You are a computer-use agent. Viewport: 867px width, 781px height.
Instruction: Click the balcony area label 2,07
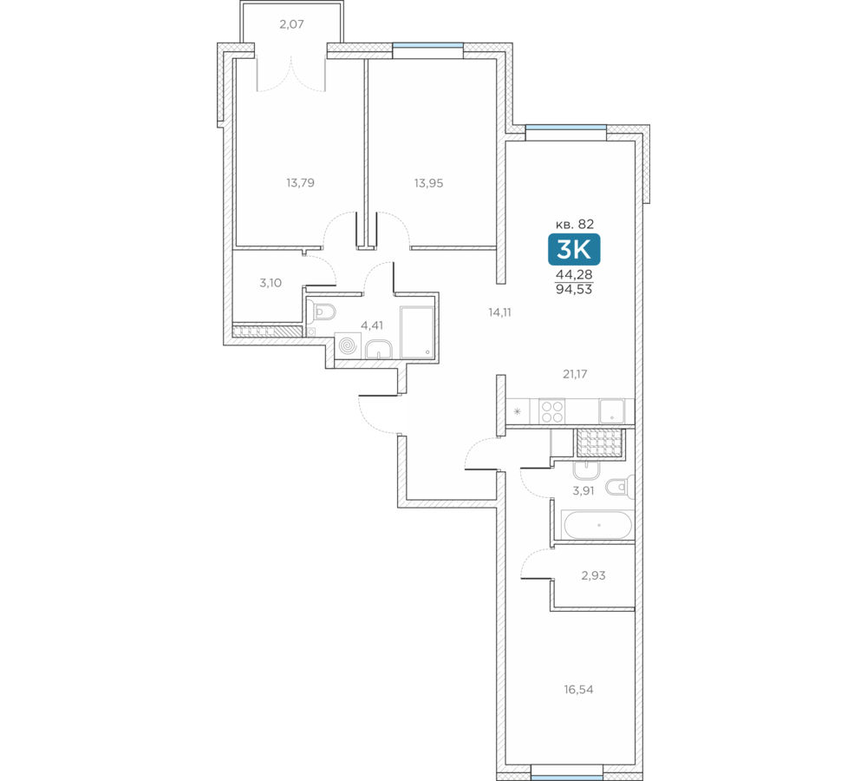[x=291, y=24]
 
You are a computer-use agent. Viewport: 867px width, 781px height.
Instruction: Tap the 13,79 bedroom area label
[x=300, y=182]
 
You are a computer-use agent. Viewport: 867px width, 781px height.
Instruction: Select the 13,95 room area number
[x=428, y=183]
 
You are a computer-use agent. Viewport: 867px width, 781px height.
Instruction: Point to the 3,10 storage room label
[x=271, y=283]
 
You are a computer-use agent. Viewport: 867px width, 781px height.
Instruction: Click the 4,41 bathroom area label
[x=372, y=325]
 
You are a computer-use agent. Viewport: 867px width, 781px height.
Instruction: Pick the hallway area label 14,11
[x=499, y=312]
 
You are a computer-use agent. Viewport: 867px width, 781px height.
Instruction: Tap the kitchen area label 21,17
[x=575, y=374]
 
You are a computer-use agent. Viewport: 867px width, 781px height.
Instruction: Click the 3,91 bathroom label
[x=583, y=490]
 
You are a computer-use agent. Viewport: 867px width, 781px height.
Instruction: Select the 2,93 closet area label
[x=593, y=575]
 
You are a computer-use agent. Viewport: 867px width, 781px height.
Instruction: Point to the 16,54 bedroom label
[x=578, y=690]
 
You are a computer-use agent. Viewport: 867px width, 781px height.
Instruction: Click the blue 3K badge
[x=574, y=250]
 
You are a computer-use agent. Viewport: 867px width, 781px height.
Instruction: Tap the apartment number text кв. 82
[x=575, y=224]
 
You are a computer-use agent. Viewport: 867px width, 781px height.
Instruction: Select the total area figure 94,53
[x=574, y=289]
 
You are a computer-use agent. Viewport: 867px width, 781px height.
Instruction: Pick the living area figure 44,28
[x=574, y=274]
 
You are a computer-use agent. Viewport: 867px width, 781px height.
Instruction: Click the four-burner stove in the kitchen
[x=551, y=411]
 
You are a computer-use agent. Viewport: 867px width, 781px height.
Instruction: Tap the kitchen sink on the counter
[x=612, y=411]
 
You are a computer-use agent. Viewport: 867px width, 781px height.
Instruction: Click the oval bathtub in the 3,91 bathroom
[x=597, y=525]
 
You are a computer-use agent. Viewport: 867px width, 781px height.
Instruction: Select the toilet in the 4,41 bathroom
[x=322, y=312]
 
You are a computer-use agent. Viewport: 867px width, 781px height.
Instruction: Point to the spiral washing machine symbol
[x=348, y=346]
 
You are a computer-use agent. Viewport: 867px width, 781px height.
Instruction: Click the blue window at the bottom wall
[x=567, y=778]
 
